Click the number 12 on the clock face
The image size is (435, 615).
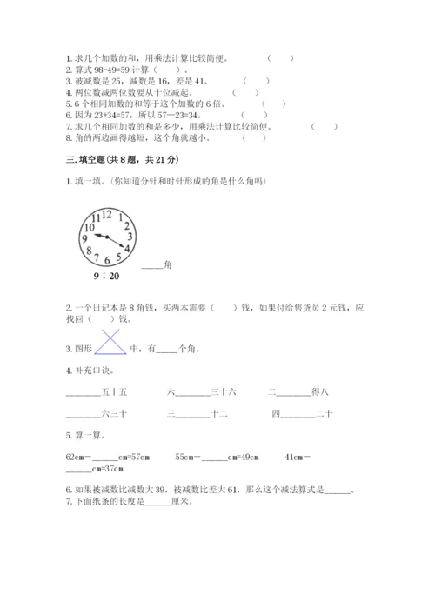point(107,213)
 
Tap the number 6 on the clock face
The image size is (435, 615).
point(106,259)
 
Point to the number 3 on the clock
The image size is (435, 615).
point(129,236)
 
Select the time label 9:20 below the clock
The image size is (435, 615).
point(107,276)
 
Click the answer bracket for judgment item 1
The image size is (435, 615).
point(279,58)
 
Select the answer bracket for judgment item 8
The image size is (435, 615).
point(254,137)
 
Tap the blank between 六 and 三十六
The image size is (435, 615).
point(193,392)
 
